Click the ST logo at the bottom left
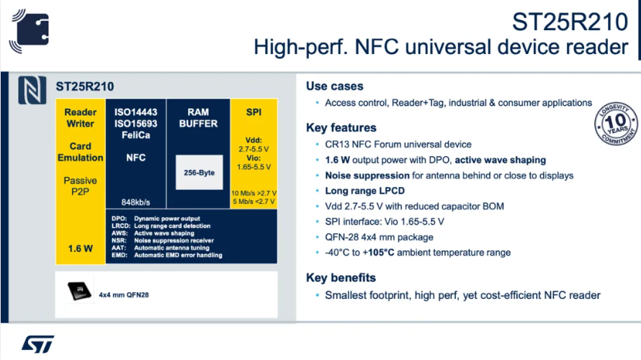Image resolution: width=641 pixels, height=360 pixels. pyautogui.click(x=37, y=344)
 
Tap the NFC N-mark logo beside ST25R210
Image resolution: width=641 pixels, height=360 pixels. pyautogui.click(x=32, y=90)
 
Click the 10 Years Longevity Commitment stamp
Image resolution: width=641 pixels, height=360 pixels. pyautogui.click(x=616, y=123)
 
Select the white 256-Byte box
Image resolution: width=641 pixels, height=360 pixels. pyautogui.click(x=199, y=172)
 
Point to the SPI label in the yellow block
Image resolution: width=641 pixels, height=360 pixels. pyautogui.click(x=254, y=112)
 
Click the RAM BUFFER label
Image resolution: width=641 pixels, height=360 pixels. pyautogui.click(x=198, y=117)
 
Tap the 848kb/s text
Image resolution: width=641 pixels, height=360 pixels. pyautogui.click(x=135, y=202)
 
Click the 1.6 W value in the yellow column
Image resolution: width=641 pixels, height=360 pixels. pyautogui.click(x=80, y=248)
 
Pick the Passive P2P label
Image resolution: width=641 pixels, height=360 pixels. pyautogui.click(x=80, y=186)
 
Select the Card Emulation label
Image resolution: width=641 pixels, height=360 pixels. pyautogui.click(x=80, y=152)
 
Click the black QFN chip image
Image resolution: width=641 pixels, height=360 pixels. pyautogui.click(x=79, y=291)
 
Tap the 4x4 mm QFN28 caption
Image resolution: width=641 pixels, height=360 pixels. pyautogui.click(x=123, y=295)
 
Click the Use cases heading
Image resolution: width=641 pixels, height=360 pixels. pyautogui.click(x=334, y=86)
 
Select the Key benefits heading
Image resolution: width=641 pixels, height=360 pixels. pyautogui.click(x=341, y=278)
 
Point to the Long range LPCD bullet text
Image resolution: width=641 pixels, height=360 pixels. pyautogui.click(x=364, y=191)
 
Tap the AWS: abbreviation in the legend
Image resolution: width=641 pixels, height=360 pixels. pyautogui.click(x=120, y=233)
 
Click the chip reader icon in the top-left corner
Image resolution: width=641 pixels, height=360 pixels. pyautogui.click(x=30, y=31)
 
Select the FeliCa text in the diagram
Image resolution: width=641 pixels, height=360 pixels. pyautogui.click(x=135, y=135)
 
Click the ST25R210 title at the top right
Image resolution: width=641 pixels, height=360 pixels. pyautogui.click(x=570, y=22)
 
